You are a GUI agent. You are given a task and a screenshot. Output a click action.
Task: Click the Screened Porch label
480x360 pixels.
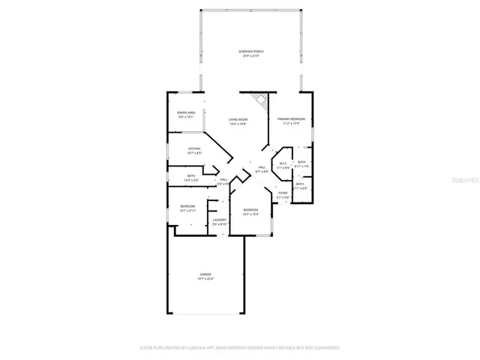tap(251, 52)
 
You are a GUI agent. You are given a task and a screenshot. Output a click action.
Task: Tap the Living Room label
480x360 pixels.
tap(238, 119)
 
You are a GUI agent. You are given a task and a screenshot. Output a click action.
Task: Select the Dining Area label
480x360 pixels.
tap(187, 112)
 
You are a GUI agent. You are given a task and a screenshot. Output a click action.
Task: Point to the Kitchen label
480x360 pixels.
tap(194, 148)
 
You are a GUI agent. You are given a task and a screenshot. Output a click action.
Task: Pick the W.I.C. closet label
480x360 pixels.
tap(283, 163)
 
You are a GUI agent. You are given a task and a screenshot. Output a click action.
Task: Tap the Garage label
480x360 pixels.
tap(205, 274)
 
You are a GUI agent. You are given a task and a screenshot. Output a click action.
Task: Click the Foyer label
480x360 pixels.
tap(283, 193)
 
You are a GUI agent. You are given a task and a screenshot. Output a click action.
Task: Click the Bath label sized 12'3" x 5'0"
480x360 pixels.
tap(190, 175)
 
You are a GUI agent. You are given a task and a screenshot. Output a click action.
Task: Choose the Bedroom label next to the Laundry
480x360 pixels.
tap(187, 206)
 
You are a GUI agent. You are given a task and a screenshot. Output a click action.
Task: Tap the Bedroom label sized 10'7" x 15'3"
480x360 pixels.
tap(250, 209)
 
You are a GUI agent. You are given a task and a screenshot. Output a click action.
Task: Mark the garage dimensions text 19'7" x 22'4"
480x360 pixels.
tap(205, 279)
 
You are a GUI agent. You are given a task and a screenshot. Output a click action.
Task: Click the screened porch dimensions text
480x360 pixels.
tap(251, 56)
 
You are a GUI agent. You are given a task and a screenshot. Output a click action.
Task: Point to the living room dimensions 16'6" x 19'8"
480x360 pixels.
tap(238, 124)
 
